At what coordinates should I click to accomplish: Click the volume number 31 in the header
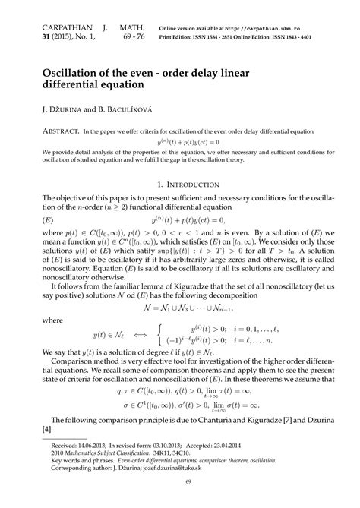[x=33, y=37]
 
